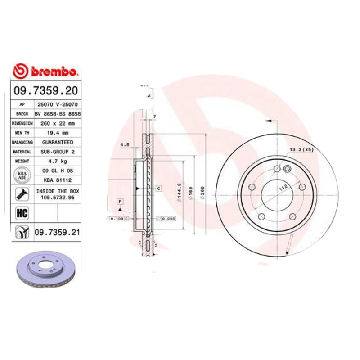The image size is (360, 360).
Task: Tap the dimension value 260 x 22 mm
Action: tap(57, 123)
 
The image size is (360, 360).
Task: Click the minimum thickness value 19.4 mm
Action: tap(57, 132)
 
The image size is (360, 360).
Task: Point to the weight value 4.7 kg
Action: tap(57, 161)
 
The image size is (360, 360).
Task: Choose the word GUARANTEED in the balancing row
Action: tap(57, 142)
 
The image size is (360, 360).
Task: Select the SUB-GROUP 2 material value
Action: tap(57, 151)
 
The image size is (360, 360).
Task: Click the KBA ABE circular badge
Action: tap(21, 175)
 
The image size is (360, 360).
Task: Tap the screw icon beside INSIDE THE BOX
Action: tap(21, 194)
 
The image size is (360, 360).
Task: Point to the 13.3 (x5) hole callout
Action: tap(301, 149)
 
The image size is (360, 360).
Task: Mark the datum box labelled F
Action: tap(120, 201)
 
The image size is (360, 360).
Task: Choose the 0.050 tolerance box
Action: tap(168, 219)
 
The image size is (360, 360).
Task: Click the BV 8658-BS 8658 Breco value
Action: tap(57, 113)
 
